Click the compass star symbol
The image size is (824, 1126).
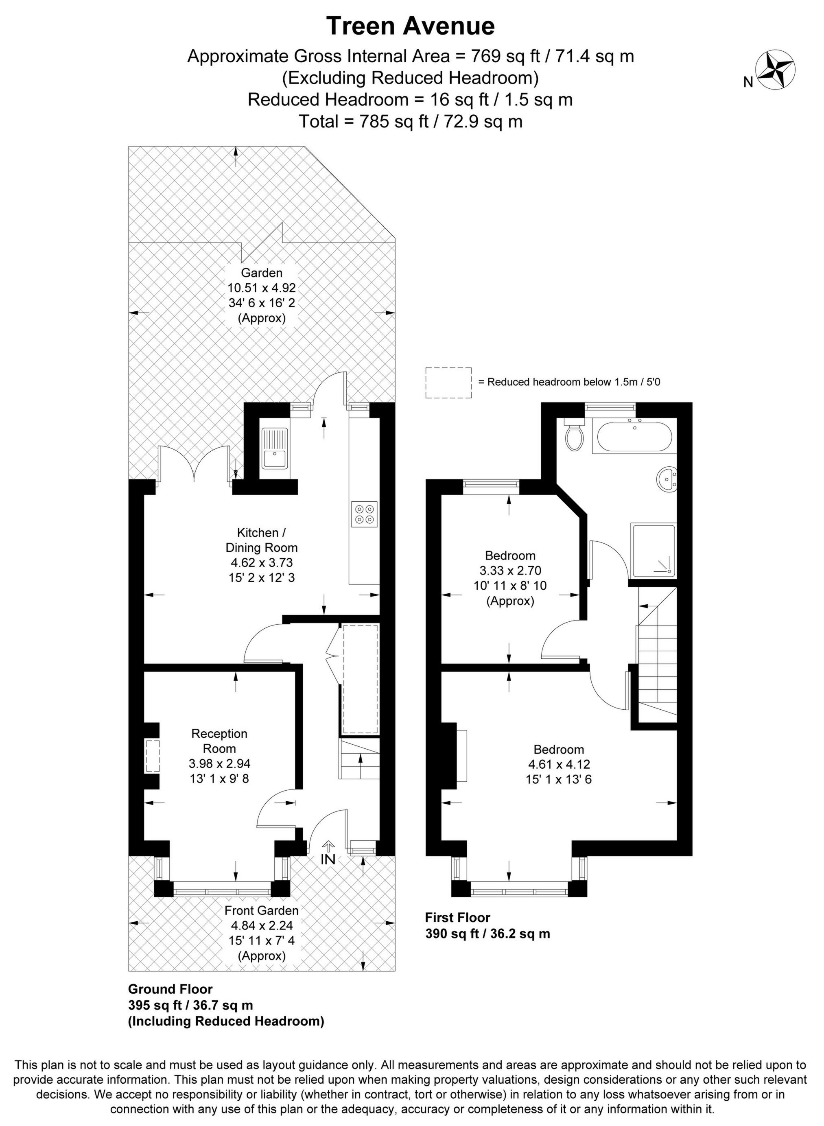(x=776, y=70)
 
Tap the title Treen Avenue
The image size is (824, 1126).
(x=411, y=26)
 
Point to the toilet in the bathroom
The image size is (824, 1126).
(x=575, y=436)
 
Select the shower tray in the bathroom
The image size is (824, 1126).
(x=653, y=551)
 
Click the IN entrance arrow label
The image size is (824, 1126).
(x=328, y=859)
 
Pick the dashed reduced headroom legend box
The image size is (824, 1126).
(x=448, y=383)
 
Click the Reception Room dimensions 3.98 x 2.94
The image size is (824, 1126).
(x=219, y=763)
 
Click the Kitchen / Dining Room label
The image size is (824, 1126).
(x=261, y=540)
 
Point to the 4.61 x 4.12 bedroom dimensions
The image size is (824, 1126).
(x=558, y=764)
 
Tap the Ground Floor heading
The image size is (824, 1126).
(x=170, y=989)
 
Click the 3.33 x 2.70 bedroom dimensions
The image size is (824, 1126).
(x=510, y=570)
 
